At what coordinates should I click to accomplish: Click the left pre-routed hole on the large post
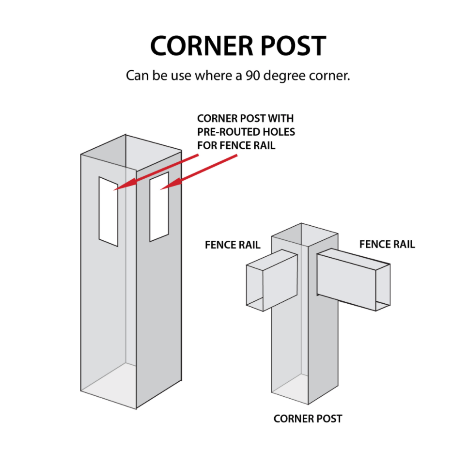(108, 211)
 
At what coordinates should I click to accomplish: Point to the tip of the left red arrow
(115, 189)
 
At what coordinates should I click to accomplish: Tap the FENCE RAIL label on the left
(233, 245)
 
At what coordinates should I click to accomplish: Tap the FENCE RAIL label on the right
(387, 244)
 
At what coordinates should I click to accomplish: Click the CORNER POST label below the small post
(308, 419)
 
